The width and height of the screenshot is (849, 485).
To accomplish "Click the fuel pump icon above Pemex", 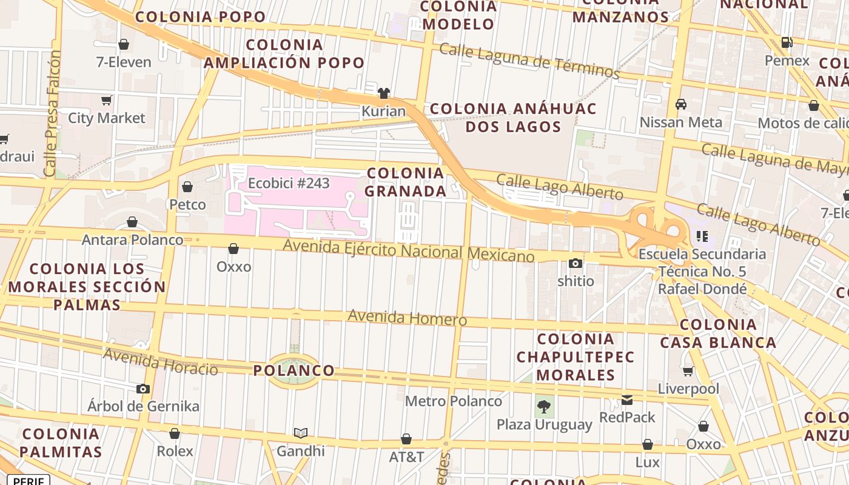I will point(787,42).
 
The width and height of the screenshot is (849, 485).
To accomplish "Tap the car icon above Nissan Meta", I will point(681,104).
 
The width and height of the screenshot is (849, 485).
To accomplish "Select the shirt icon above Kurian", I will point(383,93).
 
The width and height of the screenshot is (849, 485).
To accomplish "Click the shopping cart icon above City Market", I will point(107,100).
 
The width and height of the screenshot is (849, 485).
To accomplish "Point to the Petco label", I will point(187,205).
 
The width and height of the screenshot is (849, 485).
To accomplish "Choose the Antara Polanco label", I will point(132,240).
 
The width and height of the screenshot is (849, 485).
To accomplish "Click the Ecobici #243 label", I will point(289,182).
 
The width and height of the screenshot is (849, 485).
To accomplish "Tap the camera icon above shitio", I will point(576,263).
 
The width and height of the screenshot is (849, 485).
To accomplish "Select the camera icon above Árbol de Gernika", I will point(143,389).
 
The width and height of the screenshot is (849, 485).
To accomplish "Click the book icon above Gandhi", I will point(300,433).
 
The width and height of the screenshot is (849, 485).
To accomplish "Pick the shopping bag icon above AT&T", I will point(406,439).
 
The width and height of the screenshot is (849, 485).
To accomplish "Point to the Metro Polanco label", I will point(453,401).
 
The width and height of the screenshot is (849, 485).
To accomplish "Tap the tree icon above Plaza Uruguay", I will point(544,406).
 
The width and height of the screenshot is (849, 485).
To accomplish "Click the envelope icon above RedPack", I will point(627,400).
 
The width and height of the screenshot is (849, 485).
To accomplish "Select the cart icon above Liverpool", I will point(688,370).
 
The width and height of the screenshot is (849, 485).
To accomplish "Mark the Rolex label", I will point(175,451).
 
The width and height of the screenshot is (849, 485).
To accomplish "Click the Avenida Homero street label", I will point(407,318).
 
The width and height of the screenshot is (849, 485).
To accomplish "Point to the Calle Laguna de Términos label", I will point(529,61).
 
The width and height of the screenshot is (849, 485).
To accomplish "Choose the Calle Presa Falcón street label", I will point(53,113).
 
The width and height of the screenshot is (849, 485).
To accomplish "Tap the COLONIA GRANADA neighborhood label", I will point(406,182).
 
